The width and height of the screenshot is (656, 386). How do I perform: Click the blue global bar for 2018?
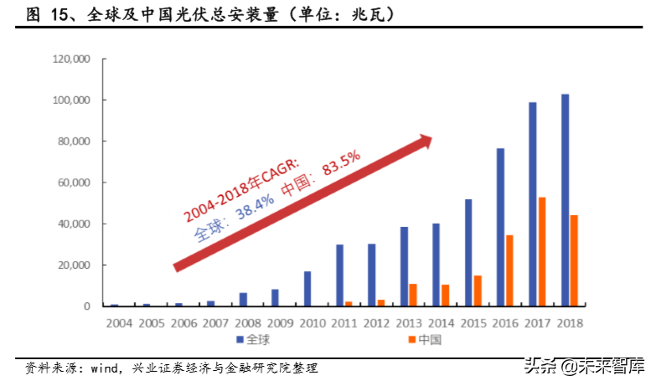click(566, 200)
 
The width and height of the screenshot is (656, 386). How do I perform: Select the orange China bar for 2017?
click(542, 252)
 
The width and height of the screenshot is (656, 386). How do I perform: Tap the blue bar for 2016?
click(500, 227)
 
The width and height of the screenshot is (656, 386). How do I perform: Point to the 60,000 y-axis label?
click(73, 183)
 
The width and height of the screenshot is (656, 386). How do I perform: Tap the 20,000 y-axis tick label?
click(73, 265)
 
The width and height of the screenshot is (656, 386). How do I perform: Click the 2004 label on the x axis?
click(118, 322)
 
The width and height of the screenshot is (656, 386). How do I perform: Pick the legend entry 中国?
click(426, 340)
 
